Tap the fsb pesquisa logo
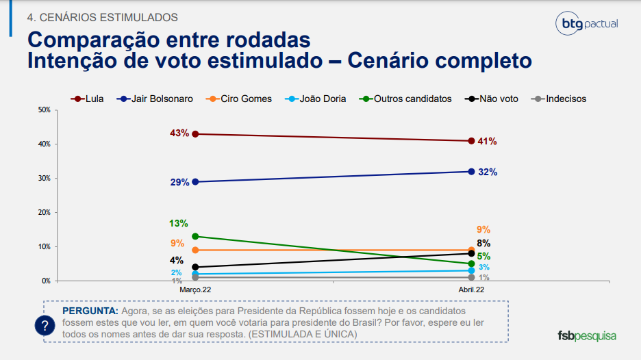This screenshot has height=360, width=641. (586, 336)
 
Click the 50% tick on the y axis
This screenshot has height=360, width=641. (45, 110)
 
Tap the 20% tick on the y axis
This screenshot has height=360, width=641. (45, 212)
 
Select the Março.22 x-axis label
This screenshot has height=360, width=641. (195, 290)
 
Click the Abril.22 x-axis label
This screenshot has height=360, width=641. (471, 290)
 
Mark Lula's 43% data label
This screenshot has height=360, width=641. (179, 133)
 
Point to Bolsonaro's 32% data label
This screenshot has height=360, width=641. (488, 172)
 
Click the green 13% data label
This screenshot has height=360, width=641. (178, 224)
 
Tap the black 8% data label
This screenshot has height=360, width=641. (483, 243)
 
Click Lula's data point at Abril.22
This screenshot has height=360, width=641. (471, 141)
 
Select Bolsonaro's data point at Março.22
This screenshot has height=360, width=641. (195, 181)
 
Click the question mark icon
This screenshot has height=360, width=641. (45, 325)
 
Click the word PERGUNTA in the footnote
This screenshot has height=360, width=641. (90, 310)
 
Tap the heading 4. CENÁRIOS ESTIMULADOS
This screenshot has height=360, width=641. (102, 17)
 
